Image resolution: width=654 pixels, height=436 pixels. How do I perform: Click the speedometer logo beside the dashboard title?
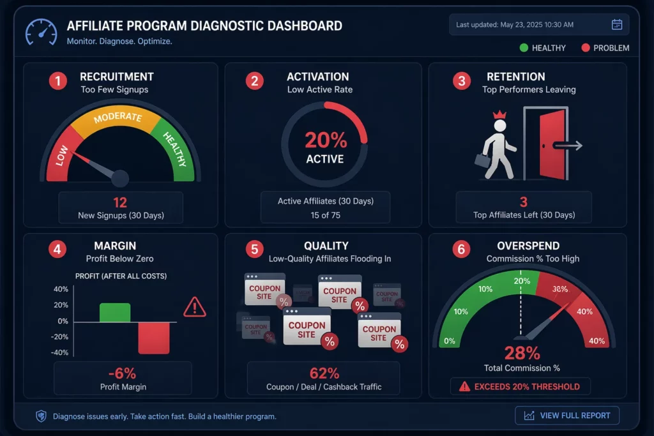coord(40,32)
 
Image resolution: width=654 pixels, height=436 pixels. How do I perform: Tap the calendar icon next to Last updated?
coord(616,25)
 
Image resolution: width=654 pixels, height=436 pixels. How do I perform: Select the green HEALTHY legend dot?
coord(524,48)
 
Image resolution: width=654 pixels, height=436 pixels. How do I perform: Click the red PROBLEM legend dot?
coord(586,48)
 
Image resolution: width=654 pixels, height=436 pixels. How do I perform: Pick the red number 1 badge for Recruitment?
coord(58,81)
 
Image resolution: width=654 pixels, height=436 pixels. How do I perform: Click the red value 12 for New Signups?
coord(120,203)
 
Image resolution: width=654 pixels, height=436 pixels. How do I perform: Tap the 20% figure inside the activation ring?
coord(325,140)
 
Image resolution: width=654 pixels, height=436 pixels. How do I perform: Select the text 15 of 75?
coord(325,215)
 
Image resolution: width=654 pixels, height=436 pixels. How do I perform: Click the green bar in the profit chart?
coord(115,312)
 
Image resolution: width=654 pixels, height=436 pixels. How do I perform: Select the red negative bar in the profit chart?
coord(154,337)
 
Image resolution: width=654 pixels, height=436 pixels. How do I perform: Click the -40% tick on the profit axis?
coord(60,353)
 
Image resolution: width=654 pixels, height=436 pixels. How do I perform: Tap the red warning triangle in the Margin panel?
coord(194,308)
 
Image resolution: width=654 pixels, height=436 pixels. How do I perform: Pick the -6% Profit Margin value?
coord(122,373)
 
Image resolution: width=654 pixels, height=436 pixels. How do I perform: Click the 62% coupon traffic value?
coord(324,373)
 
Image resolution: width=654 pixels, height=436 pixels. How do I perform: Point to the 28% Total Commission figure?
coord(522,352)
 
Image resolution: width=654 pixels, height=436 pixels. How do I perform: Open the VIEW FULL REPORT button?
coord(567,416)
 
